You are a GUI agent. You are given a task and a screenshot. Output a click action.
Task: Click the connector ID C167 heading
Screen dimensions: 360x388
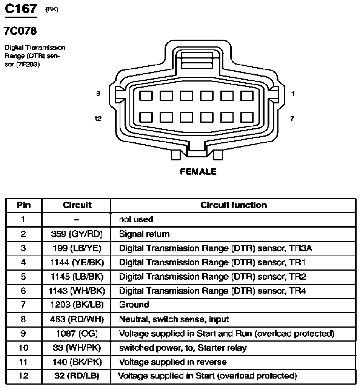[21, 9]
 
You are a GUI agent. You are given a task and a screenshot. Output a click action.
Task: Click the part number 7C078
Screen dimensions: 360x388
[20, 31]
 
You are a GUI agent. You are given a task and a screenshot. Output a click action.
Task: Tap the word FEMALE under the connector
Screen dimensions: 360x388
[198, 171]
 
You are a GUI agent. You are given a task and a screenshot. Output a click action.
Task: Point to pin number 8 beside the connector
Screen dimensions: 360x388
[98, 94]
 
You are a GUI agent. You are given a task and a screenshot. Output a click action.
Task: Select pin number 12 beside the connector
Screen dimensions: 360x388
[97, 119]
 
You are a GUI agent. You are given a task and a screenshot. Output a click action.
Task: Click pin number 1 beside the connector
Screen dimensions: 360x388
[293, 94]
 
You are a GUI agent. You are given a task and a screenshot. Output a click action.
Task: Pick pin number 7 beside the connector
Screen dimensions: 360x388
[292, 119]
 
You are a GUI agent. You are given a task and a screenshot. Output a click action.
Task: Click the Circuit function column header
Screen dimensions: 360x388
[234, 205]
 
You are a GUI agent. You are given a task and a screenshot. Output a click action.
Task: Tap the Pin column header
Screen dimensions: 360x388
[24, 205]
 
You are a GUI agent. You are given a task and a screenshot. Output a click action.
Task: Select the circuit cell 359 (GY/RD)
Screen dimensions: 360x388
[77, 234]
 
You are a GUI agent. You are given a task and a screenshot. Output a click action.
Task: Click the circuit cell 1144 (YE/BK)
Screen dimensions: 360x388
[77, 262]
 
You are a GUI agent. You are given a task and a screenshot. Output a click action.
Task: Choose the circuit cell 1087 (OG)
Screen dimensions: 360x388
[77, 334]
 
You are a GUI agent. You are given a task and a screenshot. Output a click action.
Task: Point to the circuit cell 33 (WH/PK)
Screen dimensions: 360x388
[77, 348]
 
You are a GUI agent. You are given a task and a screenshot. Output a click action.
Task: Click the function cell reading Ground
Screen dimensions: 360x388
[134, 305]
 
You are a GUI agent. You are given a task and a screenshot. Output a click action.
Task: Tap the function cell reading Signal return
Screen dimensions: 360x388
[144, 234]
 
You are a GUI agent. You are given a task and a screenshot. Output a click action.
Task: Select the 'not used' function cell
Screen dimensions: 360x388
[136, 220]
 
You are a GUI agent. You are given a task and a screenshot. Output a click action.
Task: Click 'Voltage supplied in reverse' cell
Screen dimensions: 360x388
[173, 362]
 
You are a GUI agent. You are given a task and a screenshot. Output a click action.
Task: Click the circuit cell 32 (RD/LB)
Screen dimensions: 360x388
[77, 376]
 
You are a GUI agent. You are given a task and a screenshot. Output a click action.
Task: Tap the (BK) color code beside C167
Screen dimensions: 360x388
[52, 10]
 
